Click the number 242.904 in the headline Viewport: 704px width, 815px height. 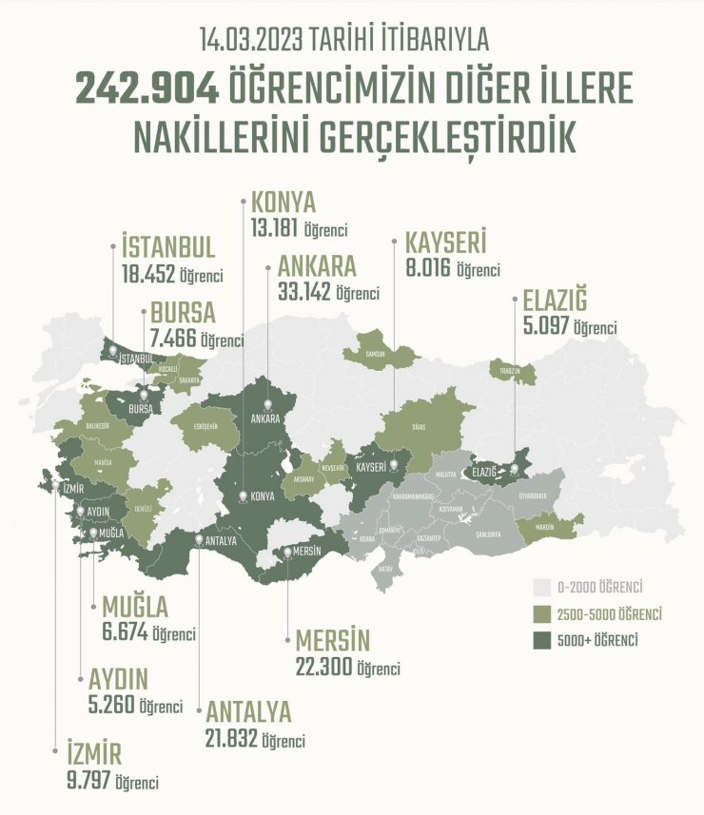(147, 89)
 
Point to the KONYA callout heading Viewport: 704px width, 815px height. (284, 203)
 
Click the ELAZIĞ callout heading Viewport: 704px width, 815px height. (554, 301)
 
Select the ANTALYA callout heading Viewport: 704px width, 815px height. (247, 712)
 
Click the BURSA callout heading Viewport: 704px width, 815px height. (183, 313)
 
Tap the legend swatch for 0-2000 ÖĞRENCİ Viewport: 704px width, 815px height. (542, 586)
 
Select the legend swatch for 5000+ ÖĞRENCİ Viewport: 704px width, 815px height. (542, 640)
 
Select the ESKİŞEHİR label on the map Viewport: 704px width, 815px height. (212, 425)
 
